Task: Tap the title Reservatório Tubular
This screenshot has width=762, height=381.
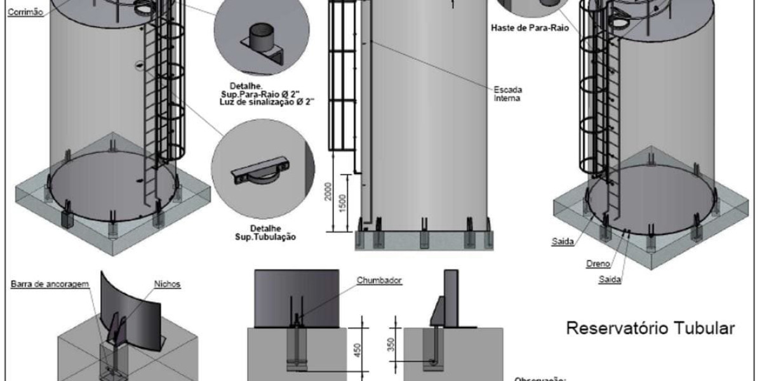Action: coord(650,328)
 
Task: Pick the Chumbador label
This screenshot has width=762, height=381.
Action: coord(380,279)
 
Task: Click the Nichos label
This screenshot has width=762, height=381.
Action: coord(167,284)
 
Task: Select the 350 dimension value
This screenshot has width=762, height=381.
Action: coord(392,344)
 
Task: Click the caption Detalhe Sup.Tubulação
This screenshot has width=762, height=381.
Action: coord(262,232)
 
